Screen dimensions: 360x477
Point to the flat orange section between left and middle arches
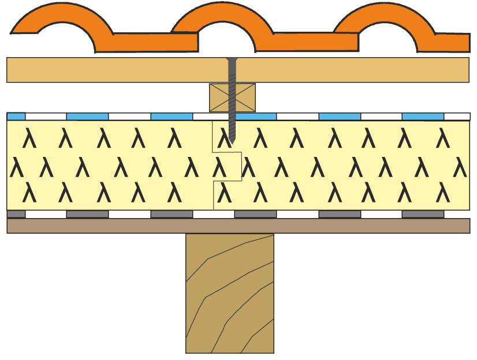(x=153, y=42)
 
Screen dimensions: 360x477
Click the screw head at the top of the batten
(x=232, y=59)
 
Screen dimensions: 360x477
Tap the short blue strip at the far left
(x=16, y=117)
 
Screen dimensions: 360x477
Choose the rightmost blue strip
(x=423, y=117)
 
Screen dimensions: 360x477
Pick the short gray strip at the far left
(x=16, y=214)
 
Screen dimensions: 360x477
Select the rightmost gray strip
(x=423, y=214)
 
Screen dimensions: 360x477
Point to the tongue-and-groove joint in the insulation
(x=228, y=166)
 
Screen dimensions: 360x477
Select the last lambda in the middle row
(x=460, y=167)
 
